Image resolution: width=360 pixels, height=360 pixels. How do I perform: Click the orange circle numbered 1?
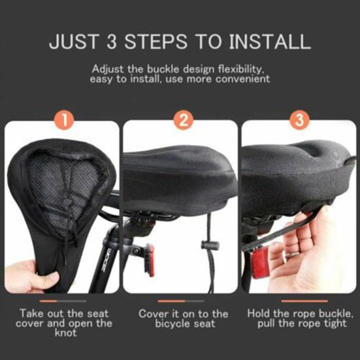64,121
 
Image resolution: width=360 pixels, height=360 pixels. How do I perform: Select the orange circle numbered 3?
300,121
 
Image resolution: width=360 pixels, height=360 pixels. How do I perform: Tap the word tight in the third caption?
329,323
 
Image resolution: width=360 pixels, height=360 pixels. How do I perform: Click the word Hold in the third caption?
259,314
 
